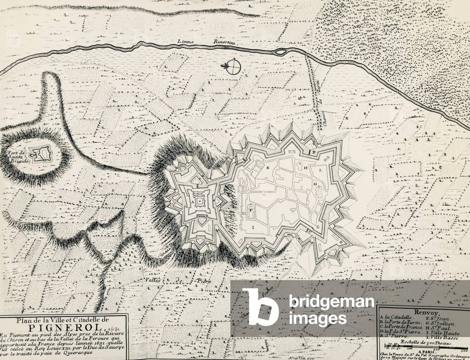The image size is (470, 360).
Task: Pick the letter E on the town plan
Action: (268, 169)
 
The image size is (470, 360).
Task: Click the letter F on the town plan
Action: (251, 209)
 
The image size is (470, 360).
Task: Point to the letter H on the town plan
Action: (305, 169)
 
